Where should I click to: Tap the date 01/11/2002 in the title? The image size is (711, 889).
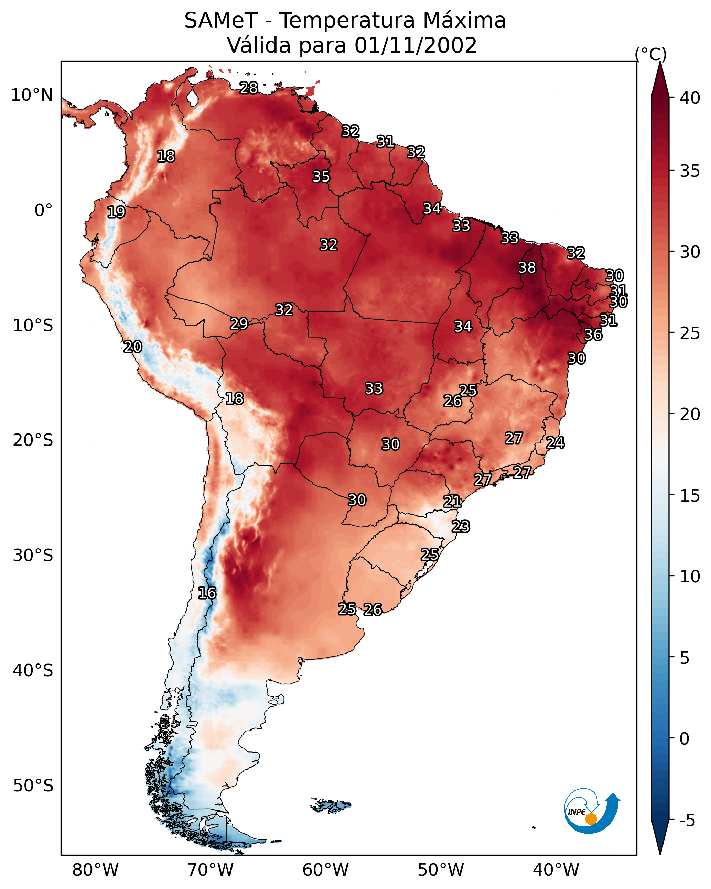point(416,45)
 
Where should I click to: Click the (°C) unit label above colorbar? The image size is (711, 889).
point(650,54)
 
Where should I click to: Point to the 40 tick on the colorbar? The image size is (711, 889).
point(690,98)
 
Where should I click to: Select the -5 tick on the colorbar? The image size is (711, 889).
point(687,821)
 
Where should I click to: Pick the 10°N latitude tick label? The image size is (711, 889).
point(32,95)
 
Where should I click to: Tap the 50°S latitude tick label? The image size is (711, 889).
point(33,786)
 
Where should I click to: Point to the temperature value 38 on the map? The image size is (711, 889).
point(527,267)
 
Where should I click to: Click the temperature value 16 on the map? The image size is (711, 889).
point(207,593)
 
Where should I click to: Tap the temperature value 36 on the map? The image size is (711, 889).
point(593,335)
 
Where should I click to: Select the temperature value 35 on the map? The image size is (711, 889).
point(321,176)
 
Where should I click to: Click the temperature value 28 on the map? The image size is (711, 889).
point(249,88)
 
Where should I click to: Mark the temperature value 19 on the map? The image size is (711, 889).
point(116,212)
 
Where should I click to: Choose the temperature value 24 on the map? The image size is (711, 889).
point(555,443)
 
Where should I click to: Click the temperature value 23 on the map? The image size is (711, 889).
point(461,527)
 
